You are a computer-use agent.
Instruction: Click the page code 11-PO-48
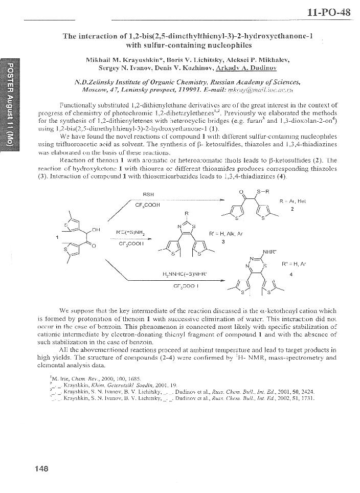click(x=329, y=13)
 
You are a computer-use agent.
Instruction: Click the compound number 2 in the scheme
click(x=292, y=209)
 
